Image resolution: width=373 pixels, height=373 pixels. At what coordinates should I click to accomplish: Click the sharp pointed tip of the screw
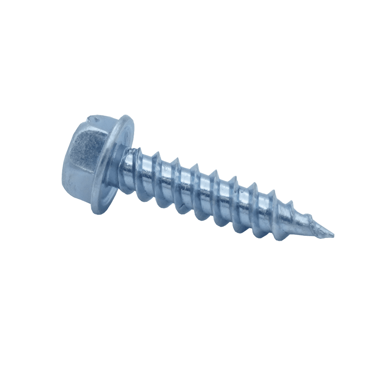[x=333, y=236]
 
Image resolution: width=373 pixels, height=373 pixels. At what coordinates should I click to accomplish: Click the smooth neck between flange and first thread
[x=129, y=164]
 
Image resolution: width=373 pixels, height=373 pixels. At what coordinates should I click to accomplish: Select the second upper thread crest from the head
[x=157, y=154]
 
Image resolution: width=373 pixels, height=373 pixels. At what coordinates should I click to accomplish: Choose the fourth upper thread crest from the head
[x=194, y=166]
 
